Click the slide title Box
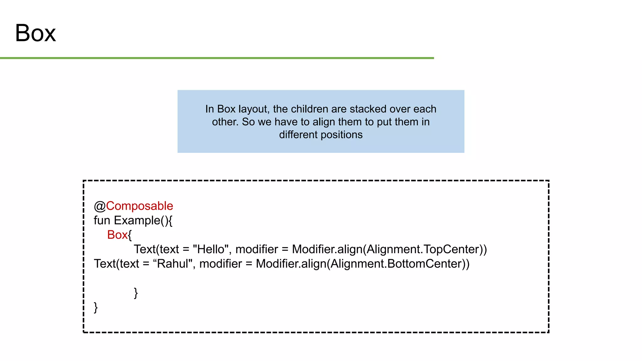coord(35,33)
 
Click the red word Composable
coord(139,206)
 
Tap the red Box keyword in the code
coord(117,235)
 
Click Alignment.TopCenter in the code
coord(423,249)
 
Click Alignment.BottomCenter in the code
coord(396,264)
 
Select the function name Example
coord(137,221)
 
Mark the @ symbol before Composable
coord(100,206)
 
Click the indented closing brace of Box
coord(136,293)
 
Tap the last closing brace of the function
coord(96,307)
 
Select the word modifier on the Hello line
coord(257,249)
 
